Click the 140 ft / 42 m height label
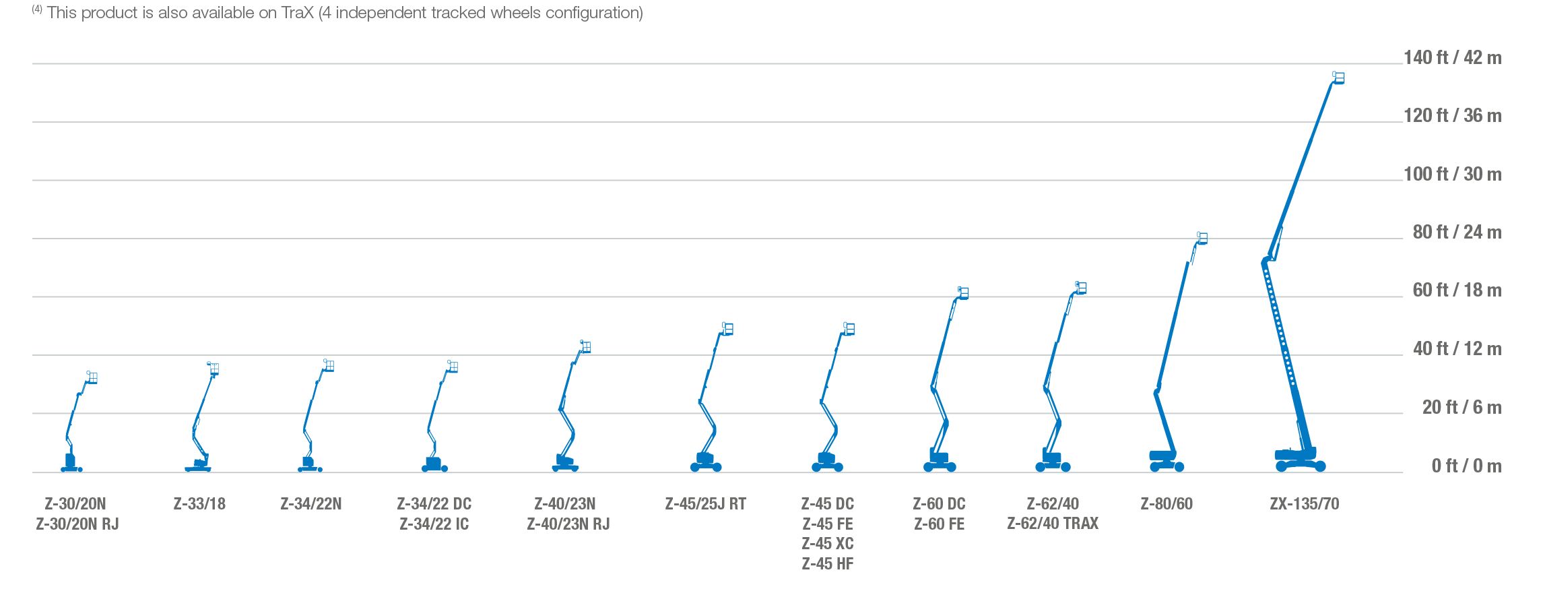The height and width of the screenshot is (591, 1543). point(1452,58)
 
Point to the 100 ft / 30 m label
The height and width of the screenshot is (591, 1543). point(1452,175)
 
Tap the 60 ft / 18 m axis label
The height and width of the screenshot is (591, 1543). point(1457,290)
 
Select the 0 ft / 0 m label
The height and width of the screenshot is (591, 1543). point(1466,466)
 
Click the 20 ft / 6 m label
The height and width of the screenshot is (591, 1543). point(1462,407)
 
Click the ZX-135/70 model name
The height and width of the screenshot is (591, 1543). point(1305,504)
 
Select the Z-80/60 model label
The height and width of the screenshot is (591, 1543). point(1167,504)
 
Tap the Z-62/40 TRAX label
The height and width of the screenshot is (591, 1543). point(1053,524)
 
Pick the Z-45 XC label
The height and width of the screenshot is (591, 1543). point(828,544)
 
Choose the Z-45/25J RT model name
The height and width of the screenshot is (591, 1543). point(705,504)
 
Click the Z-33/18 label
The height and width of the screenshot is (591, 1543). point(199,504)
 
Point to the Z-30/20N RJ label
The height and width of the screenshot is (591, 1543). point(77,524)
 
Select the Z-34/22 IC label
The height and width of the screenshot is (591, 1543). point(434,524)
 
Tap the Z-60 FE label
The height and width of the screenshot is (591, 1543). point(939,524)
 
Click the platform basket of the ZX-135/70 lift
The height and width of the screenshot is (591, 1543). point(1338,78)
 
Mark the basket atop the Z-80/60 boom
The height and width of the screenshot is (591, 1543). point(1202,238)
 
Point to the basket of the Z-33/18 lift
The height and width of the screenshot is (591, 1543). point(214,369)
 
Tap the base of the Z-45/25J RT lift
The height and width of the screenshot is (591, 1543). point(706,462)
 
